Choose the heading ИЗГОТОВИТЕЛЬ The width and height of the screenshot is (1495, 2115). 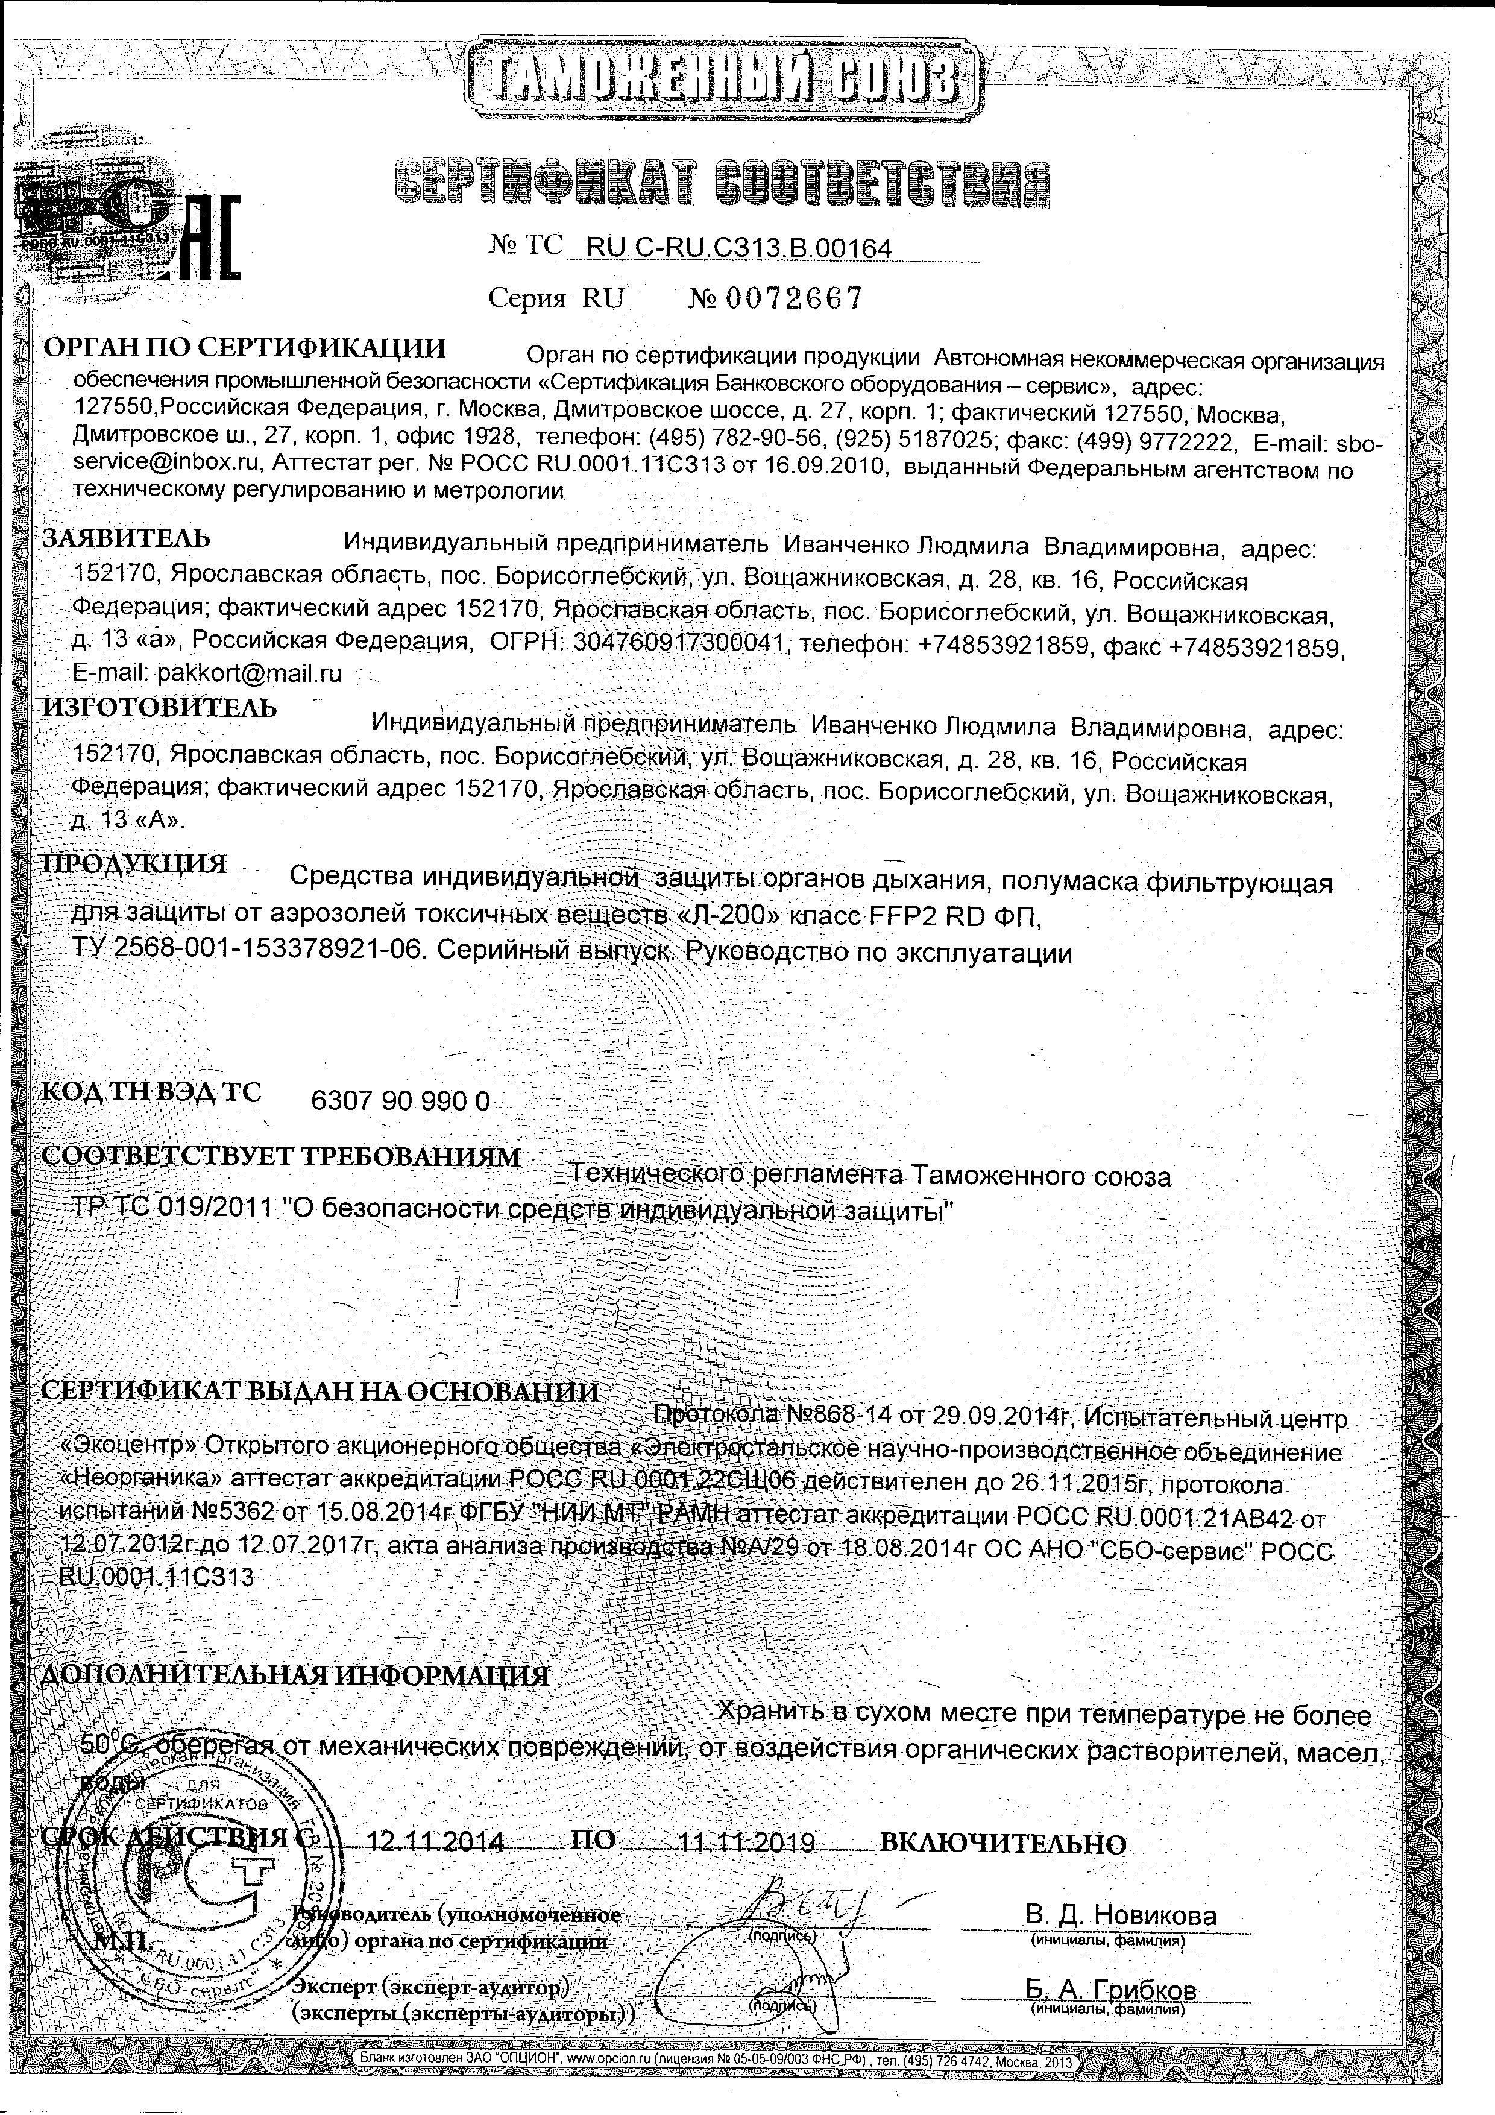click(159, 708)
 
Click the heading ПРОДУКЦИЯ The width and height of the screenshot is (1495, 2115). click(136, 864)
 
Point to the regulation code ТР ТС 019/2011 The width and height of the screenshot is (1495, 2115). click(177, 1209)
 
